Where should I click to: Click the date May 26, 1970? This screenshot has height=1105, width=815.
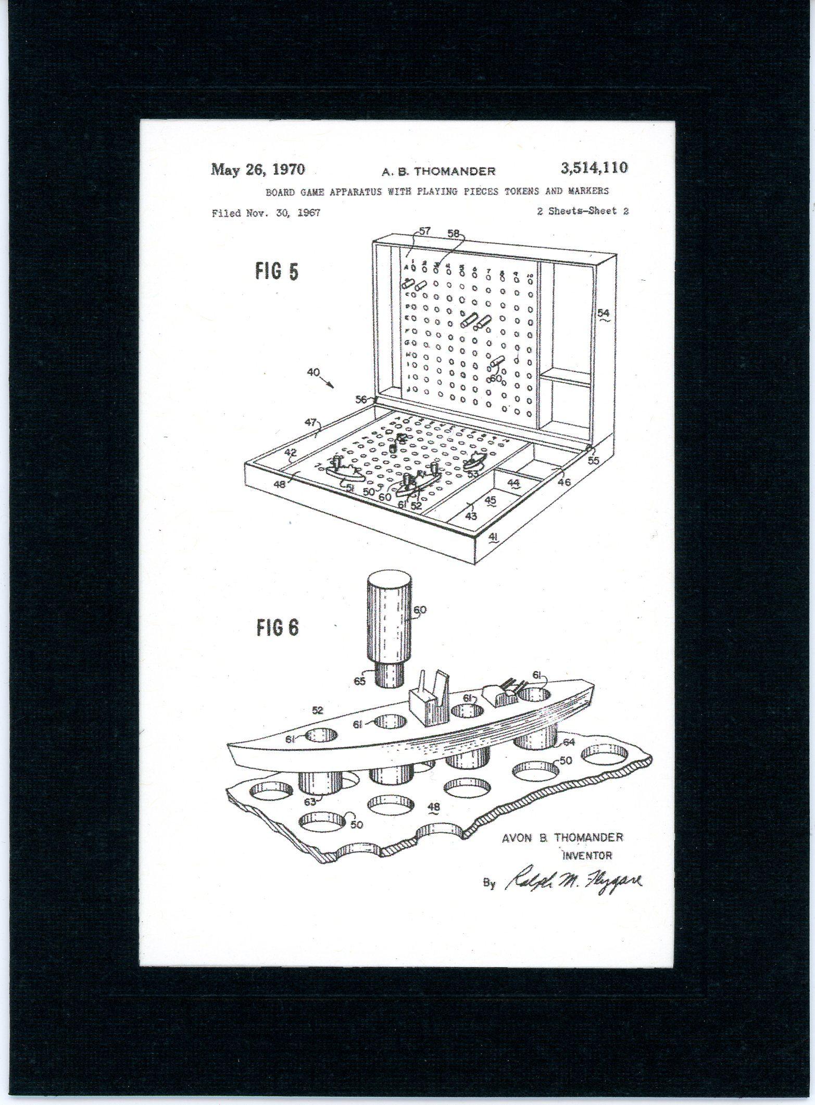coord(257,170)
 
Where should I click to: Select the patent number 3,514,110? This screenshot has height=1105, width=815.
coord(594,168)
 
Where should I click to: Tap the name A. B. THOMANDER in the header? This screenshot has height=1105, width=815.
coord(438,171)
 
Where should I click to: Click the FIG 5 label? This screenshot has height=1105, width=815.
coord(277,271)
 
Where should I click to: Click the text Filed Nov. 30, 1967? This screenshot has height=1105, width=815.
coord(266,213)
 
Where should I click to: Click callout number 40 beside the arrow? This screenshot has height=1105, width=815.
coord(313,373)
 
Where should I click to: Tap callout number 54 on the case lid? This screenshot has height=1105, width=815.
coord(603,313)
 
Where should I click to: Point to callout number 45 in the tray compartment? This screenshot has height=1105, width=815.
coord(490,500)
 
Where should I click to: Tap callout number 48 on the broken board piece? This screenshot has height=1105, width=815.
coord(433,807)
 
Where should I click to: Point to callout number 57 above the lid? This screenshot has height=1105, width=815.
coord(424,231)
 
